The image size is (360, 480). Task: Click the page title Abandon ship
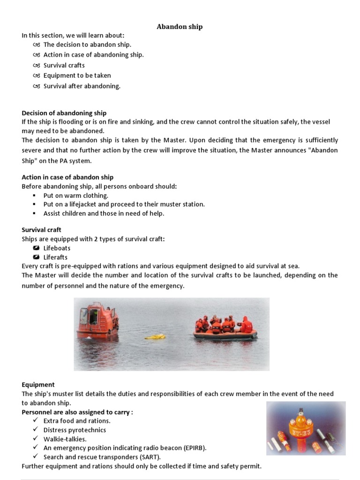[x=180, y=27]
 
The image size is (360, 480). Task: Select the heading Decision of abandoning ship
[x=64, y=113]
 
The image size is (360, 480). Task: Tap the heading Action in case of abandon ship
[x=67, y=177]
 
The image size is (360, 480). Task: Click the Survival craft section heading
[x=42, y=230]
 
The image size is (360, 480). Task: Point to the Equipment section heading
[x=38, y=385]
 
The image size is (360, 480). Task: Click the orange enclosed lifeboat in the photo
[x=97, y=321]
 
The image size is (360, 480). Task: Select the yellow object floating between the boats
[x=155, y=337]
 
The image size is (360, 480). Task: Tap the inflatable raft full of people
[x=225, y=328]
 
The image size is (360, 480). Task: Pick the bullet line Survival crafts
[x=64, y=65]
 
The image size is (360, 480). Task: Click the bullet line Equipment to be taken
[x=77, y=75]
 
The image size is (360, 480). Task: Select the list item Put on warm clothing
[x=76, y=195]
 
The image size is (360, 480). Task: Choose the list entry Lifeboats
[x=57, y=248]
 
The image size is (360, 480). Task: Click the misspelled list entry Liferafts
[x=55, y=257]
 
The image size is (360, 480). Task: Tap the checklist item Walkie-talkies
[x=65, y=439]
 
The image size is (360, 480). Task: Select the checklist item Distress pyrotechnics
[x=75, y=430]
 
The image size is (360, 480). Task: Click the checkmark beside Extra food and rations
[x=36, y=420]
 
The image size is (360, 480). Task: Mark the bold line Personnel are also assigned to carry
[x=77, y=412]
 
